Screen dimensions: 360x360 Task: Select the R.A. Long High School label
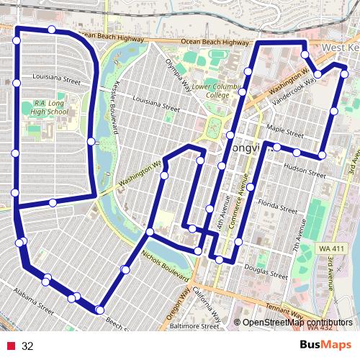tap(50, 107)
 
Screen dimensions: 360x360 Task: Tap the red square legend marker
tap(11, 346)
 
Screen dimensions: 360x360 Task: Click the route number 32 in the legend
tap(28, 346)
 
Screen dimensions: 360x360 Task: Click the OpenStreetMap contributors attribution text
tap(297, 323)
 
